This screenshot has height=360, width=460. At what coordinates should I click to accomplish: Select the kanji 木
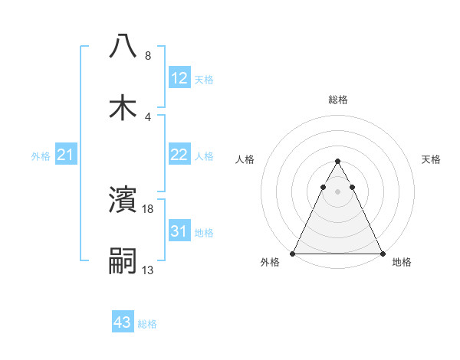tap(123, 107)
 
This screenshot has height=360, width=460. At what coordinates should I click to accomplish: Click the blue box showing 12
tap(179, 78)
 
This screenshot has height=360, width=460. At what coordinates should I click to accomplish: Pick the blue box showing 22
tap(179, 155)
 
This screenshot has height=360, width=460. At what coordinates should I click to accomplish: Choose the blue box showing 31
tap(179, 231)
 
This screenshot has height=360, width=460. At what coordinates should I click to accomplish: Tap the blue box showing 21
tap(65, 155)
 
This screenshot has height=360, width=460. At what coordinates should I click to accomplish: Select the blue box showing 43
tap(123, 322)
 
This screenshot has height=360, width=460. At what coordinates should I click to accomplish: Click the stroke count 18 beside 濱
tap(149, 208)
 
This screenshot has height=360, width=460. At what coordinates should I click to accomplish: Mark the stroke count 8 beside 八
tap(148, 55)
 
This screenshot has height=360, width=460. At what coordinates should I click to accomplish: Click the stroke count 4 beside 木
tap(148, 116)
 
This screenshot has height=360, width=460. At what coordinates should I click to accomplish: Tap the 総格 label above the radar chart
tap(337, 100)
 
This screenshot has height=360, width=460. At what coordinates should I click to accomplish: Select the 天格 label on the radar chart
tap(432, 159)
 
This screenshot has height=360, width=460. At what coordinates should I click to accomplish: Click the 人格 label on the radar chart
tap(245, 159)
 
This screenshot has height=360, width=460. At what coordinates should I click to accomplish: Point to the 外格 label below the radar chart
tap(270, 263)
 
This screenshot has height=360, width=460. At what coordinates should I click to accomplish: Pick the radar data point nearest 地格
tap(383, 253)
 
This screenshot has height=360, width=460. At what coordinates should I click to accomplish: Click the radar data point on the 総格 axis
tap(337, 162)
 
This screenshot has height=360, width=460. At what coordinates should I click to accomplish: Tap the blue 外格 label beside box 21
tap(41, 156)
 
